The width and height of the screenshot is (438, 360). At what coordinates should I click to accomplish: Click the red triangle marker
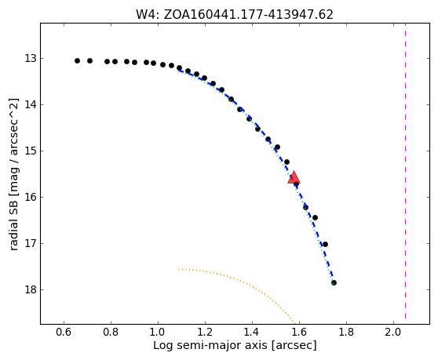[x=294, y=177]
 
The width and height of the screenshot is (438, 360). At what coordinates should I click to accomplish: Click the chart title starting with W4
[x=235, y=15]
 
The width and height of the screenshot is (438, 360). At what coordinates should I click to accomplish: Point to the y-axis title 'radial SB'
[x=13, y=174]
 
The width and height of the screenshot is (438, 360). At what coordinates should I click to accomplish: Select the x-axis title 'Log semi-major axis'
[x=235, y=345]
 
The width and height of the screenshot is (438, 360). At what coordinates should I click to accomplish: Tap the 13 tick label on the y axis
[x=31, y=58]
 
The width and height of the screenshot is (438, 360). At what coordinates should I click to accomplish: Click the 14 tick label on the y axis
[x=31, y=104]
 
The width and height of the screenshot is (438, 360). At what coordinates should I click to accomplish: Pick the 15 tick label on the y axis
[x=31, y=151]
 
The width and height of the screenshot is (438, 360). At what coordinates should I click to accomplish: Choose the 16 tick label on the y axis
[x=31, y=198]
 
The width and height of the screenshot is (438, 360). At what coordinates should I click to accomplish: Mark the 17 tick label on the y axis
[x=31, y=244]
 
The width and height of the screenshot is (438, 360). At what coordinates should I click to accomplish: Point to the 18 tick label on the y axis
[x=31, y=289]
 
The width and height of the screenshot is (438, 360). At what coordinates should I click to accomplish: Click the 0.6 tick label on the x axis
[x=64, y=332]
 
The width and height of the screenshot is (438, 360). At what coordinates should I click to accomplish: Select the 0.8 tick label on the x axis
[x=111, y=332]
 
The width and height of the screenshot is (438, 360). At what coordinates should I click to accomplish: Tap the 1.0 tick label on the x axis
[x=158, y=332]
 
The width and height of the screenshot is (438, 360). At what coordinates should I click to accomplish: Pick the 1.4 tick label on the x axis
[x=252, y=332]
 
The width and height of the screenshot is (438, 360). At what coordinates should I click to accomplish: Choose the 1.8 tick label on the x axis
[x=346, y=332]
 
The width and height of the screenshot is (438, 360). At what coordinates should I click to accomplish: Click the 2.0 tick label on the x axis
[x=393, y=332]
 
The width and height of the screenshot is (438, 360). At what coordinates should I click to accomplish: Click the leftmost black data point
[x=78, y=60]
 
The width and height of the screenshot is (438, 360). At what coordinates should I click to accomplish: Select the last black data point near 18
[x=334, y=282]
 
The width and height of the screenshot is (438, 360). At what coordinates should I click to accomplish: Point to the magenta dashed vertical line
[x=405, y=171]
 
